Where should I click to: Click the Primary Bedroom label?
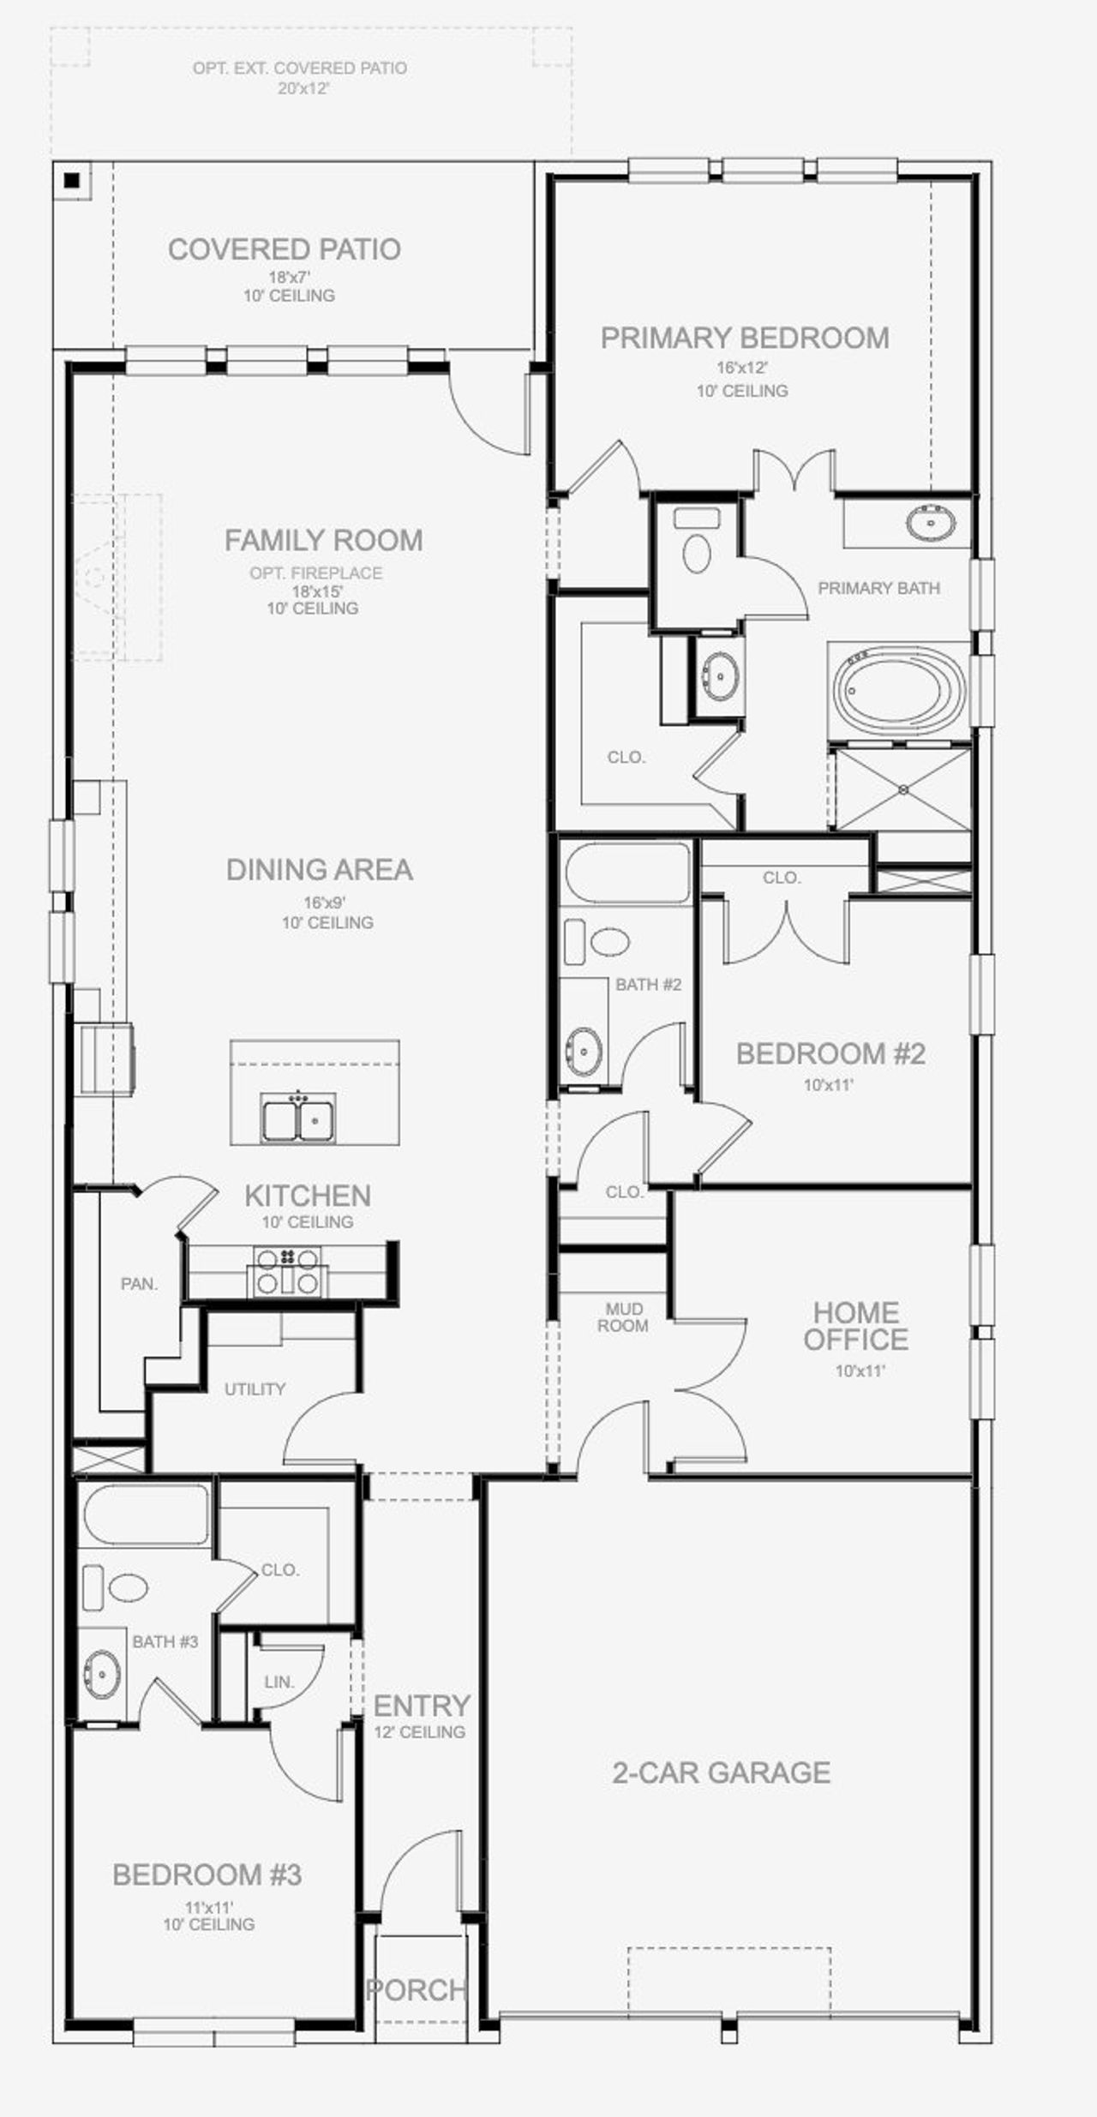[745, 338]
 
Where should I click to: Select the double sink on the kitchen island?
[298, 1118]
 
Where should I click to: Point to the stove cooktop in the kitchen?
[288, 1271]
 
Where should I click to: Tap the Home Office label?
[855, 1325]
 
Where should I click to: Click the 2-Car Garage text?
[722, 1772]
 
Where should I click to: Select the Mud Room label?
[623, 1317]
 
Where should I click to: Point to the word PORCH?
[417, 1990]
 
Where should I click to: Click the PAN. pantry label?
[140, 1284]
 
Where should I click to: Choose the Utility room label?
[255, 1388]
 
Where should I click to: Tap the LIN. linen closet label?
[279, 1682]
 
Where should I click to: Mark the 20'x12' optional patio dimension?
[303, 88]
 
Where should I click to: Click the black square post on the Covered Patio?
[72, 181]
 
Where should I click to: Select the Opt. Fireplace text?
[316, 573]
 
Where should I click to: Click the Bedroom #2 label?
[830, 1053]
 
